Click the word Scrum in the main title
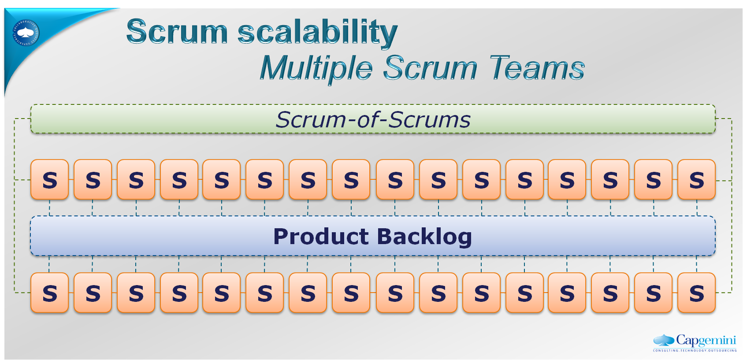pos(177,32)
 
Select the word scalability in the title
pos(317,33)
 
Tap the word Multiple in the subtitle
pos(316,68)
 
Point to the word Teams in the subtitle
pos(536,68)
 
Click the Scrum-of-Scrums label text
pos(373,119)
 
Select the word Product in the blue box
pos(321,237)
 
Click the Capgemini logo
pos(695,341)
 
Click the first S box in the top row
pos(50,180)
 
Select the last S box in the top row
pos(696,180)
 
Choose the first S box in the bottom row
pos(50,293)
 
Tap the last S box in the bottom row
pos(696,293)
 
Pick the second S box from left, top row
pos(93,180)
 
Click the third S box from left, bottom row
pos(136,293)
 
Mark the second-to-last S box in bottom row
pos(653,293)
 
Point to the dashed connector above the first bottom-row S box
pos(49,264)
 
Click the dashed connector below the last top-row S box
pos(697,208)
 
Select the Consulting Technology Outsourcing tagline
pos(695,350)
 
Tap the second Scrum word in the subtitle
pos(430,68)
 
